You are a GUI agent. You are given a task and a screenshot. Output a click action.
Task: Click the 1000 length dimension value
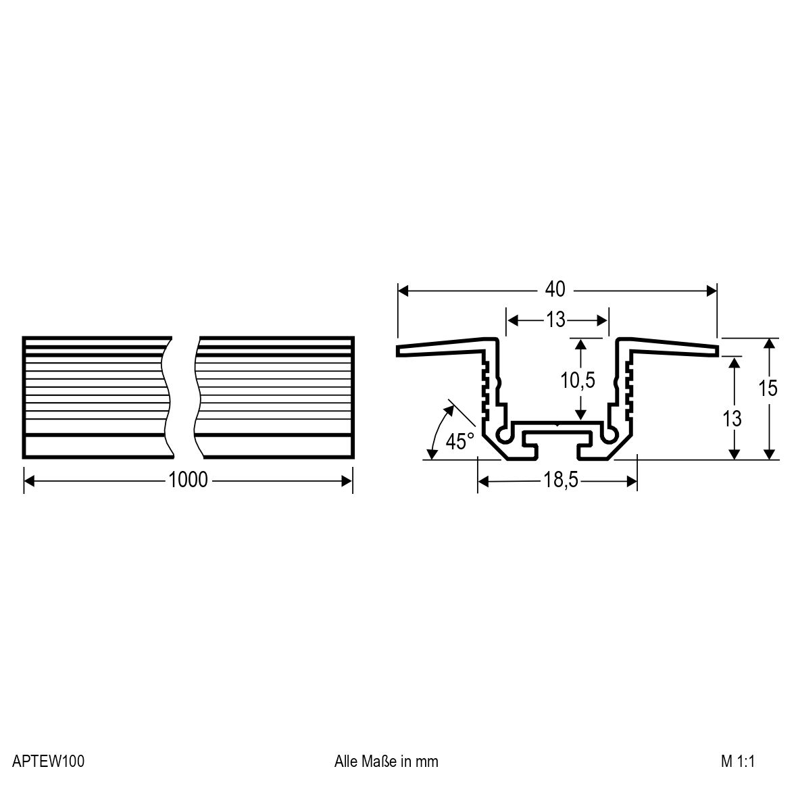188,480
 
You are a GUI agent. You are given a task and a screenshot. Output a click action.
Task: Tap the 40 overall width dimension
555,290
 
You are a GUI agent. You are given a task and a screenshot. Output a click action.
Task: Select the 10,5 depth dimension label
578,380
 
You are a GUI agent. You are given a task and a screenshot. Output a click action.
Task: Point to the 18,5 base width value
561,480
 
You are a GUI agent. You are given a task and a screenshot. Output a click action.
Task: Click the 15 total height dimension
768,389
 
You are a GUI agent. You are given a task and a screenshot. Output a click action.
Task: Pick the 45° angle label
459,441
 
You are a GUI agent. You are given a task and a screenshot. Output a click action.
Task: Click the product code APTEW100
49,762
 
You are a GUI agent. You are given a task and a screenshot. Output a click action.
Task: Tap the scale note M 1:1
738,762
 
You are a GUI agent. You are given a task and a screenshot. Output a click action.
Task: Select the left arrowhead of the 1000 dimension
29,481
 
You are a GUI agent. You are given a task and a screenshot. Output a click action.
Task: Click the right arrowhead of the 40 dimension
712,291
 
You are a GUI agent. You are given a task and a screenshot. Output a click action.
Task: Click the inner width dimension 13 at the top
556,320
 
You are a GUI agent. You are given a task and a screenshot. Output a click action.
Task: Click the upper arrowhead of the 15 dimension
770,343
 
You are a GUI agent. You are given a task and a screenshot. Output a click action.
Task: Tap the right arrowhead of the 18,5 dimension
632,481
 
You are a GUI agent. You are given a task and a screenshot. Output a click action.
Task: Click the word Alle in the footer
346,762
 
